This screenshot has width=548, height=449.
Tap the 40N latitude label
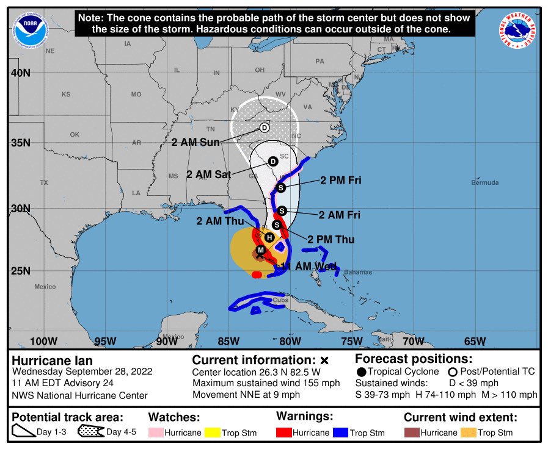tap(21, 73)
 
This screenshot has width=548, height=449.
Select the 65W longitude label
tap(475, 340)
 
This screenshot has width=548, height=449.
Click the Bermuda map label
tap(484, 182)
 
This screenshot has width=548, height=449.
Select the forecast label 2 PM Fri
tap(342, 181)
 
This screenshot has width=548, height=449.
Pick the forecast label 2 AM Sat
tap(208, 174)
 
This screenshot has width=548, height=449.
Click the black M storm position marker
tap(261, 251)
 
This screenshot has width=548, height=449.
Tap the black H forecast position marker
tap(269, 237)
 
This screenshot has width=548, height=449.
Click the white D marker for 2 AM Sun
tap(264, 128)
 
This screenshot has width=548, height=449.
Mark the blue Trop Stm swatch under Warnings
tap(340, 433)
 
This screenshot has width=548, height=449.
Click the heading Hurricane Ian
tap(53, 361)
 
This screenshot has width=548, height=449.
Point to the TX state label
tap(43, 182)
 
